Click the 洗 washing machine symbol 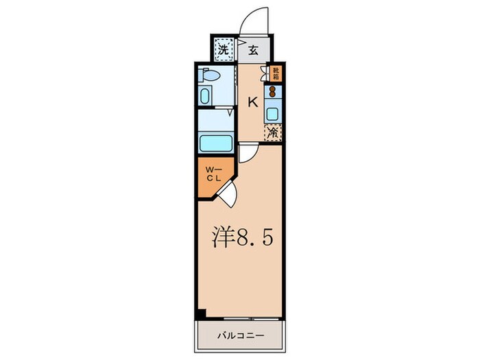223,50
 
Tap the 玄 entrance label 252,50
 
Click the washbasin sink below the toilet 205,95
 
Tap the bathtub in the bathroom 216,144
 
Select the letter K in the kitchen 252,103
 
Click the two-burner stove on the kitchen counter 273,92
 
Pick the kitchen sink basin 273,113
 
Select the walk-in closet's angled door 228,194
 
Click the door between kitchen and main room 250,152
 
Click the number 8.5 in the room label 255,238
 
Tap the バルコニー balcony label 239,336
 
